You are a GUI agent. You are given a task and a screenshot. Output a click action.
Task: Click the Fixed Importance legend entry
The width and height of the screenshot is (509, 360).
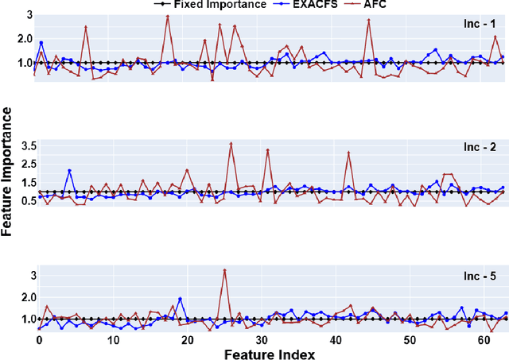pos(220,5)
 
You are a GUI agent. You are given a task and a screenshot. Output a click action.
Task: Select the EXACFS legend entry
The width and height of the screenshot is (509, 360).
pos(318,5)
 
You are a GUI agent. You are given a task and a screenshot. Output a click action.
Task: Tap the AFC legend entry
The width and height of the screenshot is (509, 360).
pos(386,5)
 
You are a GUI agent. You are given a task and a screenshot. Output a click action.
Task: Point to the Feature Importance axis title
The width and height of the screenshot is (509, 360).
pos(7,181)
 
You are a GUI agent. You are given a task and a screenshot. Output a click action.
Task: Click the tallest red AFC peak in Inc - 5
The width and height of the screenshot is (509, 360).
pos(225,269)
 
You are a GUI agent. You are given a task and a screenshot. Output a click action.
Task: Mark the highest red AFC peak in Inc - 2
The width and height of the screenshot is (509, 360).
pos(231,144)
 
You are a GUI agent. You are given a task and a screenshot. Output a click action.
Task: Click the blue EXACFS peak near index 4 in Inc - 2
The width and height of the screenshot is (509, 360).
pos(69,170)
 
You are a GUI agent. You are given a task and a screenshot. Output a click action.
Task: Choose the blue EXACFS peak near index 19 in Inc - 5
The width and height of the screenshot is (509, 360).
pos(181,299)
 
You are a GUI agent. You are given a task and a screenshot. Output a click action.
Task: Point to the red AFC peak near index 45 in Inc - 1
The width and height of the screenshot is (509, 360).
pos(369,20)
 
